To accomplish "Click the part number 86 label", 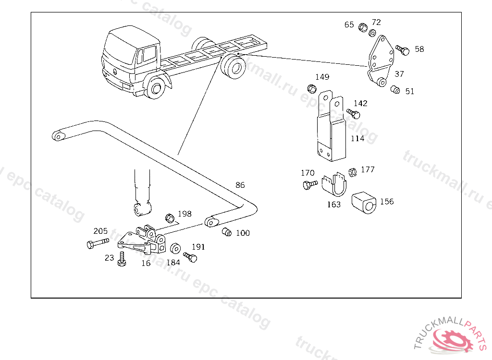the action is click(240, 185).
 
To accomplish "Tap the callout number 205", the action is click(100, 231).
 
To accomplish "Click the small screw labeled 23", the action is click(122, 259).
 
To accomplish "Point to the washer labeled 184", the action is click(175, 249).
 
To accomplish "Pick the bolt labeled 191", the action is click(190, 257).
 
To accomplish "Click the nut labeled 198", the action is click(170, 218).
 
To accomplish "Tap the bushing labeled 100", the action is click(227, 232).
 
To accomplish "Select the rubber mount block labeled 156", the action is click(364, 203).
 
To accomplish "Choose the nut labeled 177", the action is click(352, 172).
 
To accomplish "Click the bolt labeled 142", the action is click(353, 113).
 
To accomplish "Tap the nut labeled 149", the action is click(311, 89).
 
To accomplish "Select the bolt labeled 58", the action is click(403, 50).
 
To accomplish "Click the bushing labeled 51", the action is click(395, 90).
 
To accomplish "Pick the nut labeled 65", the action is click(363, 27).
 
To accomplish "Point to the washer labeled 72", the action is click(372, 33).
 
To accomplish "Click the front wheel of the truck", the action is click(155, 88).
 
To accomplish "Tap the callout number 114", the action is click(357, 138).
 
